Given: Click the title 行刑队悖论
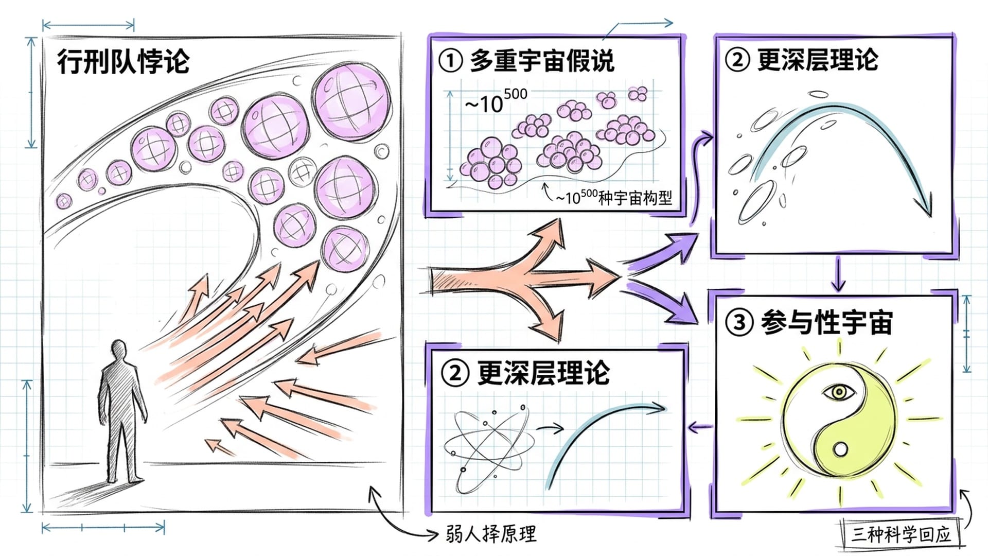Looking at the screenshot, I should (x=123, y=62).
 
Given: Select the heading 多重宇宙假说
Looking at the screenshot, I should (x=542, y=61).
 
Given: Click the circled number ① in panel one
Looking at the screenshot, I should (x=450, y=61).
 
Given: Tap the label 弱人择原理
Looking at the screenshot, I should (x=491, y=534).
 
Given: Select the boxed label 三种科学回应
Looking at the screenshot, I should (x=901, y=534).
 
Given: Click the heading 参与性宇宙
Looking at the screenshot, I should (x=826, y=322).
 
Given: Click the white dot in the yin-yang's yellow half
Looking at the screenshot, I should (x=840, y=449).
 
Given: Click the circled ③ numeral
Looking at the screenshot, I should (x=739, y=322).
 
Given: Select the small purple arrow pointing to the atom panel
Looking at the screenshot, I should (x=700, y=426).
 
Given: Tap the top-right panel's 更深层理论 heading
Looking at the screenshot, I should (x=818, y=60).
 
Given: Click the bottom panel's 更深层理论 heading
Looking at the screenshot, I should (x=543, y=373).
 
